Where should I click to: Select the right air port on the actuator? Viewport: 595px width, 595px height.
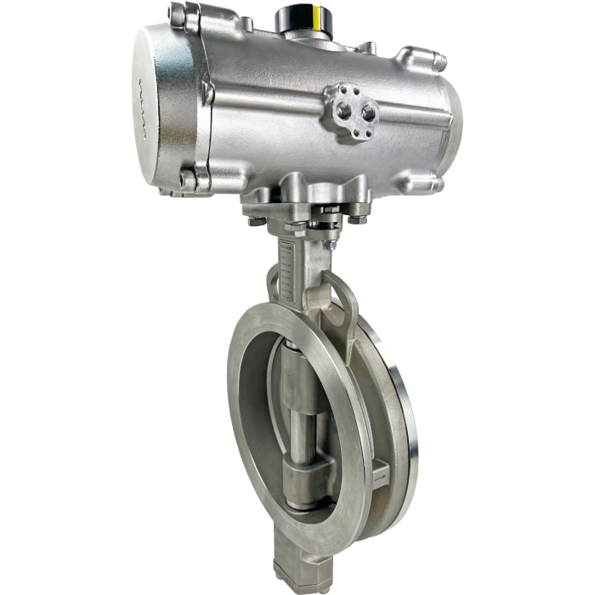[x=368, y=110]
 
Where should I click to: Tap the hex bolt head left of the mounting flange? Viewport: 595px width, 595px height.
[x=254, y=222]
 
